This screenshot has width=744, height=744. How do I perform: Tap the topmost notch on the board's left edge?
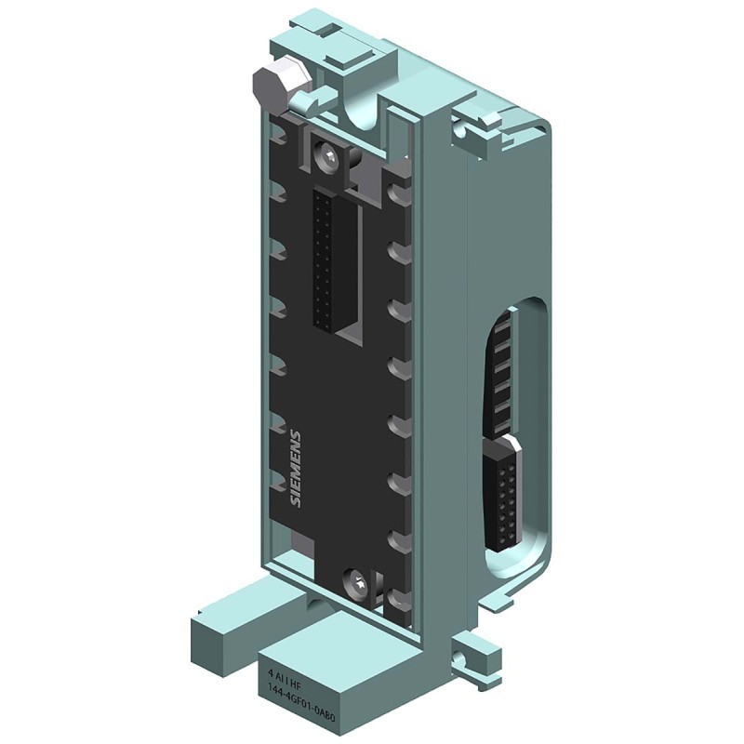pos(276,137)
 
